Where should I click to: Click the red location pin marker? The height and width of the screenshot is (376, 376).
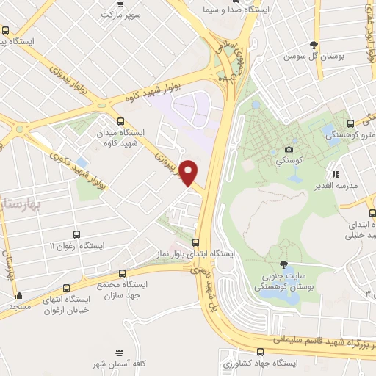189,171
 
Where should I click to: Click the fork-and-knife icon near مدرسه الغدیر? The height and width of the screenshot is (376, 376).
336,174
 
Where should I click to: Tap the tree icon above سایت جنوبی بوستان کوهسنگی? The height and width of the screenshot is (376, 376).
283,264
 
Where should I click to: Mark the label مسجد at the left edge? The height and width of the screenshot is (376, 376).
20,305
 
